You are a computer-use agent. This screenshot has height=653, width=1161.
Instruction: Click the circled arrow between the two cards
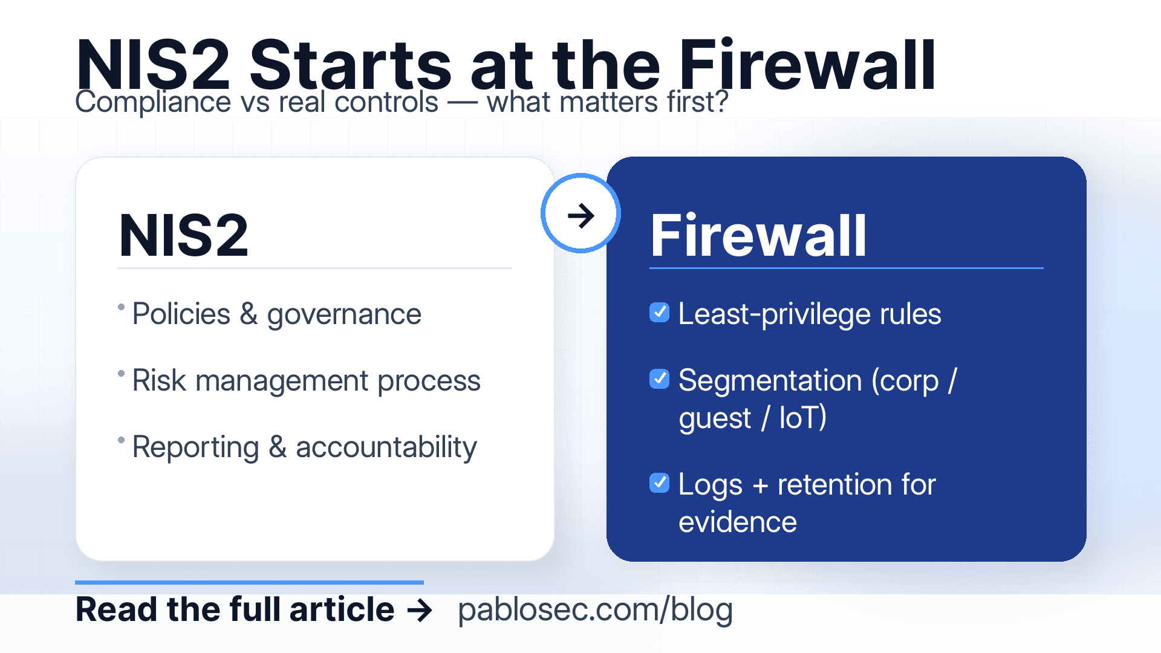coord(580,214)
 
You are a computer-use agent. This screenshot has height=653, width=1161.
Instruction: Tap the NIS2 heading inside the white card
coord(184,236)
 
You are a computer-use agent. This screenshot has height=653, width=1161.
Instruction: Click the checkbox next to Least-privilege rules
coord(659,313)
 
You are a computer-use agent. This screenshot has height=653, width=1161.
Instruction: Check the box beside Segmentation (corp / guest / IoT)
coord(659,379)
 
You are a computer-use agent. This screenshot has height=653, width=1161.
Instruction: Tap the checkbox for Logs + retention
coord(659,483)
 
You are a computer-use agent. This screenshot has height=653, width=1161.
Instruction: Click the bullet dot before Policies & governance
coord(122,307)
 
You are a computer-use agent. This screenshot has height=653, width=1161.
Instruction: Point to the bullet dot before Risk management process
coord(122,374)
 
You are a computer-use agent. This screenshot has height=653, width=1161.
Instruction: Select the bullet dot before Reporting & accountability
coord(122,440)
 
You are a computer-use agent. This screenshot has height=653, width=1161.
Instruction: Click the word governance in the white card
coord(343,314)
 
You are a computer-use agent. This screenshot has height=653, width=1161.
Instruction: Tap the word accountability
coord(386,447)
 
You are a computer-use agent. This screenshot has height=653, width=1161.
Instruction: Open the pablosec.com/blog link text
coord(595,609)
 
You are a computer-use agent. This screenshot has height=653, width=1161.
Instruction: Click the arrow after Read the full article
coord(420,610)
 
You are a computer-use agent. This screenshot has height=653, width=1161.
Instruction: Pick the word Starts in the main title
coord(350,65)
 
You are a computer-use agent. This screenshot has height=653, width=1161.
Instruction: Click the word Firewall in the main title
coord(807,65)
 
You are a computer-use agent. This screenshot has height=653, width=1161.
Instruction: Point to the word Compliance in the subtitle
coord(152,102)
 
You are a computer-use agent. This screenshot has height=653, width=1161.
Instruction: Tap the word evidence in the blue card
coord(737,522)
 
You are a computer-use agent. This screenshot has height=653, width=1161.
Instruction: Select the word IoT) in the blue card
coord(802,418)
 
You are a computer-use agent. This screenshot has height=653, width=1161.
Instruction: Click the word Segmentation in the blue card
coord(770,380)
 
